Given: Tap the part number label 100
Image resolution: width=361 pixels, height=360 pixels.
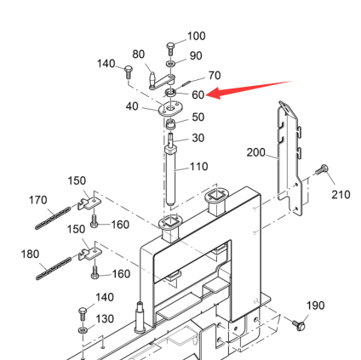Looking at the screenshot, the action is tap(197, 36).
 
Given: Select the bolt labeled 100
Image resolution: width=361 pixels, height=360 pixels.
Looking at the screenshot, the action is tap(170, 49).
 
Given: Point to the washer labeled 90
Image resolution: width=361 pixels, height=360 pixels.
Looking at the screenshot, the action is tap(170, 63).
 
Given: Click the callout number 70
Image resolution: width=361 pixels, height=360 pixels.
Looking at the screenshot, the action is tap(215, 76).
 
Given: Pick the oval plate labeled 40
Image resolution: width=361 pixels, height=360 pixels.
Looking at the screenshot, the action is tap(170, 109).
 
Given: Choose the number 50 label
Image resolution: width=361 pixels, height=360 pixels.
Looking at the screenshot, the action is tap(198, 117).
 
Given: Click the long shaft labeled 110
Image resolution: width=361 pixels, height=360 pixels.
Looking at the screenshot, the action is tap(171, 175).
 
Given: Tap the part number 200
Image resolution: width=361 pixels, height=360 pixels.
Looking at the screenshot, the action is tap(255, 152).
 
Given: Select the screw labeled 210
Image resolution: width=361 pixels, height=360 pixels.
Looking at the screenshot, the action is tap(321, 170).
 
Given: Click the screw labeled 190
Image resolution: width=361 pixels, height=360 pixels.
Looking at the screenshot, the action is tap(299, 324).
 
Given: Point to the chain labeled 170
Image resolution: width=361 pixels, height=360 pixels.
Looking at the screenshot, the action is tap(54, 218).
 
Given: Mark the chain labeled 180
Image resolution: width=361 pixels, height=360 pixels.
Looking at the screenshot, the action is tap(54, 268).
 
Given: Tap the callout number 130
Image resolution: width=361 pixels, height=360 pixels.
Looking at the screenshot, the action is tap(105, 319).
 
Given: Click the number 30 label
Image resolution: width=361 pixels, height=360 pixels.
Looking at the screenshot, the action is tap(198, 138).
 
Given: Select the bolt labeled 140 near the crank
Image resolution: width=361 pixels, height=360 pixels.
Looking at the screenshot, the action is tap(129, 72).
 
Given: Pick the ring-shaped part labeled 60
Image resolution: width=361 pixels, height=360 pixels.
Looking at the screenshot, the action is tap(171, 93).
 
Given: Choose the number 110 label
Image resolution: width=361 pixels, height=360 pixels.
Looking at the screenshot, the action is tap(198, 167).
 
